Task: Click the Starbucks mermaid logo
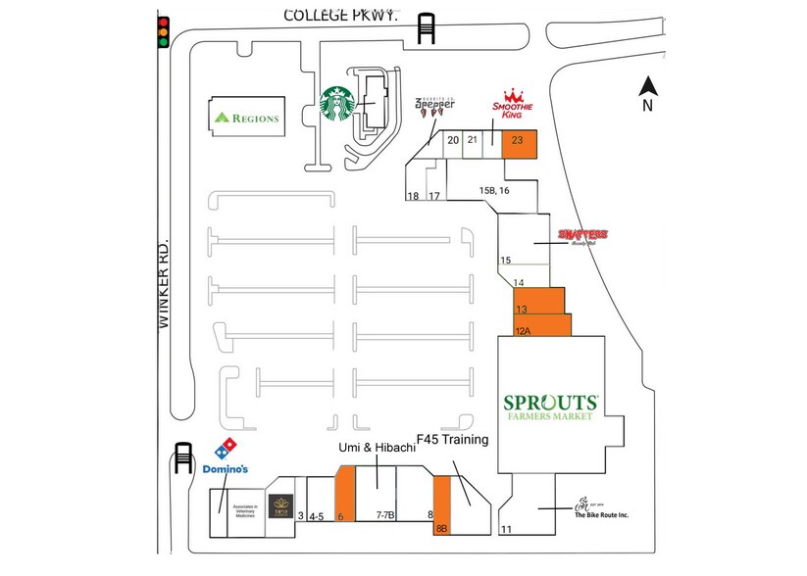point(338,103)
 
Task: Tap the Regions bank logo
point(247,118)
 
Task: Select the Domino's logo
point(226,456)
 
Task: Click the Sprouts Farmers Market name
point(550,407)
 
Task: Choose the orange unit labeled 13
point(539,300)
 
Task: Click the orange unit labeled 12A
point(542,325)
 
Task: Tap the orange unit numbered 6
point(344,495)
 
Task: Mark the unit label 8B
point(441,529)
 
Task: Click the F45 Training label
point(452,440)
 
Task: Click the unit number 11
point(507,530)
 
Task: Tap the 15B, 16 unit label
point(494,189)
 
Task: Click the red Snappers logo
point(582,236)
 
